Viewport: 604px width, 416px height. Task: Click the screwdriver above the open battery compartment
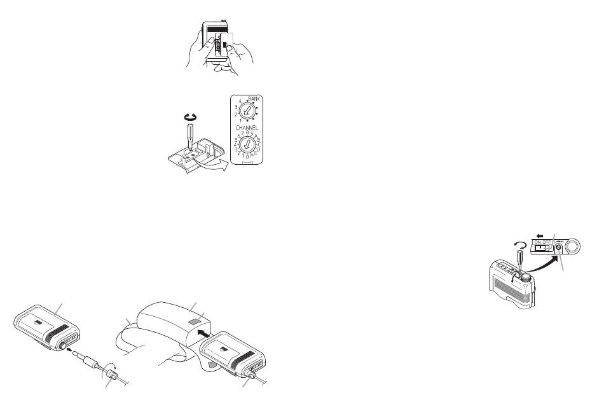click(x=190, y=134)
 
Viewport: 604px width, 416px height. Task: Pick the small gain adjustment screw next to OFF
click(x=560, y=249)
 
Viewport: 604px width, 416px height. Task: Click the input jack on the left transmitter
click(x=65, y=343)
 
